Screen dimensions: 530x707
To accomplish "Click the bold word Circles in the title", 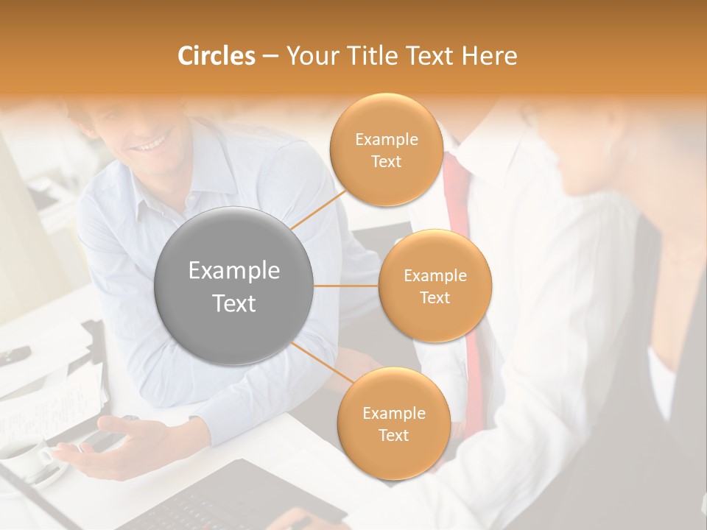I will coord(217,56).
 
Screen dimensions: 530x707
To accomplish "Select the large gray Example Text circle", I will coord(234,286).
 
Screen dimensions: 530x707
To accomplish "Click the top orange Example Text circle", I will coord(386,149).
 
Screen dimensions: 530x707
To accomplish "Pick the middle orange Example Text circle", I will coord(435,286).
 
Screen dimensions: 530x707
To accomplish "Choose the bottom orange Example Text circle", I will coord(393,423).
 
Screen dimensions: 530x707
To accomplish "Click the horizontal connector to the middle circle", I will coord(346,286).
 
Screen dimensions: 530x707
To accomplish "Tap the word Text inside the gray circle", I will coord(234,303).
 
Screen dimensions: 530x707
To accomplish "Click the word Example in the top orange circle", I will coord(386,139).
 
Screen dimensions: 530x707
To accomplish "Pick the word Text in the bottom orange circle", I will coord(393,435).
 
